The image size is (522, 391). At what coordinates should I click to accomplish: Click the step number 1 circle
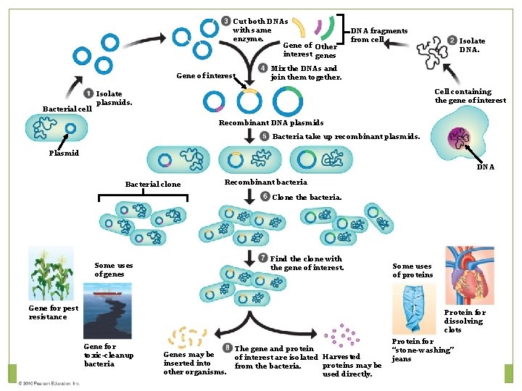point(88,93)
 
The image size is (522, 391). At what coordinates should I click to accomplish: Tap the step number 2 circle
point(452,41)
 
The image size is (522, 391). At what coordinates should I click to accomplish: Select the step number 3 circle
point(226,20)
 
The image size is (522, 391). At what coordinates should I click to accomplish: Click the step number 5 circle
point(265,136)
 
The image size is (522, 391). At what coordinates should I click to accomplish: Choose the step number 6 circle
point(265,197)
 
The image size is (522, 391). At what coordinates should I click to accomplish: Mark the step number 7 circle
point(263,258)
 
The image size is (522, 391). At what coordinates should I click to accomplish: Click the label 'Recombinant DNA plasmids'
point(271,123)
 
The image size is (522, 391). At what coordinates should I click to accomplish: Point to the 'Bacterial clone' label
point(153,185)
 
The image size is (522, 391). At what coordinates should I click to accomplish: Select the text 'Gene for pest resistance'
point(53,312)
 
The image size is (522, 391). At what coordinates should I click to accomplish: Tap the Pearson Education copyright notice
point(49,383)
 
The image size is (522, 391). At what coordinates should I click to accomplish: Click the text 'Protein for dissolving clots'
point(463,321)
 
